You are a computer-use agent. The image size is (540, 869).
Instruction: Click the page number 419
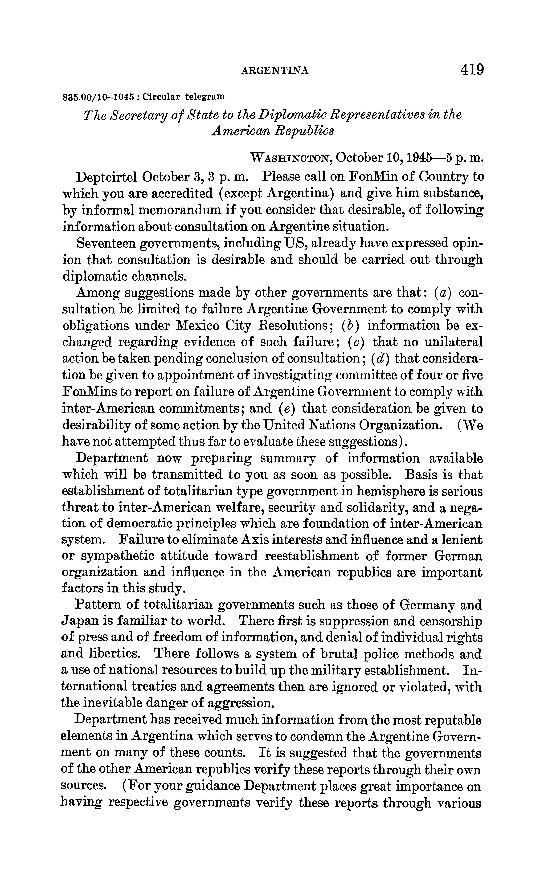472,69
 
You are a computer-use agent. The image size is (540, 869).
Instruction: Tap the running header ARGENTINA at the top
275,71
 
